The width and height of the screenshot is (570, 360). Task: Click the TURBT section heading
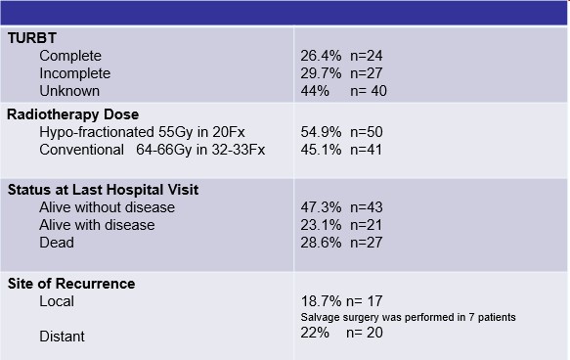(x=32, y=38)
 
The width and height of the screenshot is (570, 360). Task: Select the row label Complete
(x=70, y=56)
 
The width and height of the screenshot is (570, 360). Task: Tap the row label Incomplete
(x=75, y=73)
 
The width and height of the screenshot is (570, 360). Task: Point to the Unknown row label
(x=69, y=91)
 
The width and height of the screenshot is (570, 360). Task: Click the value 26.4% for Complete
(x=321, y=56)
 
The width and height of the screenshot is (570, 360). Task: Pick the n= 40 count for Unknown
(x=369, y=91)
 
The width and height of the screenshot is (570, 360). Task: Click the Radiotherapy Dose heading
(x=72, y=114)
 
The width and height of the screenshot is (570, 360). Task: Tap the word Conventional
(x=81, y=150)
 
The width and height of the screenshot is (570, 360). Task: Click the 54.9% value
(x=321, y=132)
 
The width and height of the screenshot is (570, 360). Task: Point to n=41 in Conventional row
(x=366, y=150)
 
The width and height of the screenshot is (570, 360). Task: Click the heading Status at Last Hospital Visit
(x=103, y=190)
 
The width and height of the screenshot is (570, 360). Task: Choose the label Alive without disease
(x=107, y=207)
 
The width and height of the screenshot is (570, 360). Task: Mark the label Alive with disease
(x=97, y=225)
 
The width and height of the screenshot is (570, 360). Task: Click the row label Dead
(x=57, y=243)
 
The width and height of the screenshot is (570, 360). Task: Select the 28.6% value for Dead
(x=321, y=243)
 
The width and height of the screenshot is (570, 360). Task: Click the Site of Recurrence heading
(x=71, y=284)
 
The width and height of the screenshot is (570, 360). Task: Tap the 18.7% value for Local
(x=321, y=301)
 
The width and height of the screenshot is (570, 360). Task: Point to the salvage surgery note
(x=409, y=318)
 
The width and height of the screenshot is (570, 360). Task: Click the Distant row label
(x=62, y=337)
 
